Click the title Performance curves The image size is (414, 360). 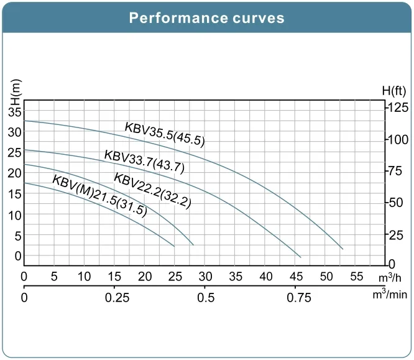[x=206, y=17]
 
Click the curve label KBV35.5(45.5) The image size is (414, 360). [x=165, y=134]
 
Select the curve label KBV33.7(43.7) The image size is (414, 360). [x=144, y=161]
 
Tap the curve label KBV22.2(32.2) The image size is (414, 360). [x=152, y=190]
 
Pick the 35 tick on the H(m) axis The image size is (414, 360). [x=15, y=112]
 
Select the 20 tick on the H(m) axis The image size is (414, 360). [x=15, y=173]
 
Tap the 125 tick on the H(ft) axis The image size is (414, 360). [x=398, y=108]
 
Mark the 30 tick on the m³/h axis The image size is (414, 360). [x=205, y=276]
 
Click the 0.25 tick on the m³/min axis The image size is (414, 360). [x=117, y=298]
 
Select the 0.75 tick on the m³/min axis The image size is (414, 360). [x=299, y=298]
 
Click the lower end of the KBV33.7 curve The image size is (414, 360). [x=301, y=257]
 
